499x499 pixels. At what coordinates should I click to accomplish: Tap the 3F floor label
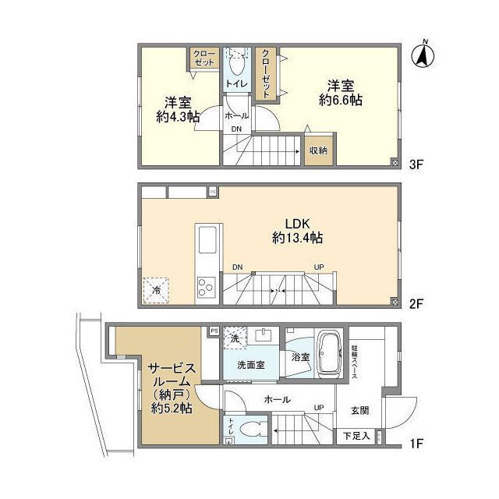click(x=415, y=164)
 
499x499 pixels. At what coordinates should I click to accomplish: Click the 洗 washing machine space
click(x=235, y=339)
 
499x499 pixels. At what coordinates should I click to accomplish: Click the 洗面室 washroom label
click(x=252, y=364)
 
